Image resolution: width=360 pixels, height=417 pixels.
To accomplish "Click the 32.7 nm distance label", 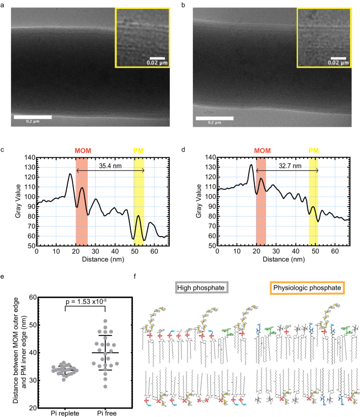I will click(290, 165).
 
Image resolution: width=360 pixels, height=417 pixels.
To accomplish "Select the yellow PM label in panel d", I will click(313, 151).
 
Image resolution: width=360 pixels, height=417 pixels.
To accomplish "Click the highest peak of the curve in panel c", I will click(70, 174).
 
